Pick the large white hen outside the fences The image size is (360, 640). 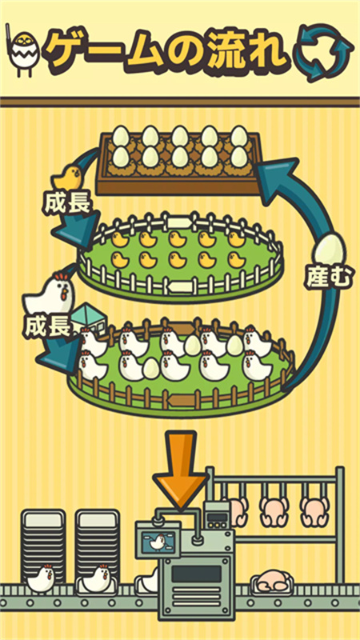point(50,293)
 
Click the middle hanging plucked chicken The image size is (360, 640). point(275,509)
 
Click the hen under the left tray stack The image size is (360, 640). point(42,577)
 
